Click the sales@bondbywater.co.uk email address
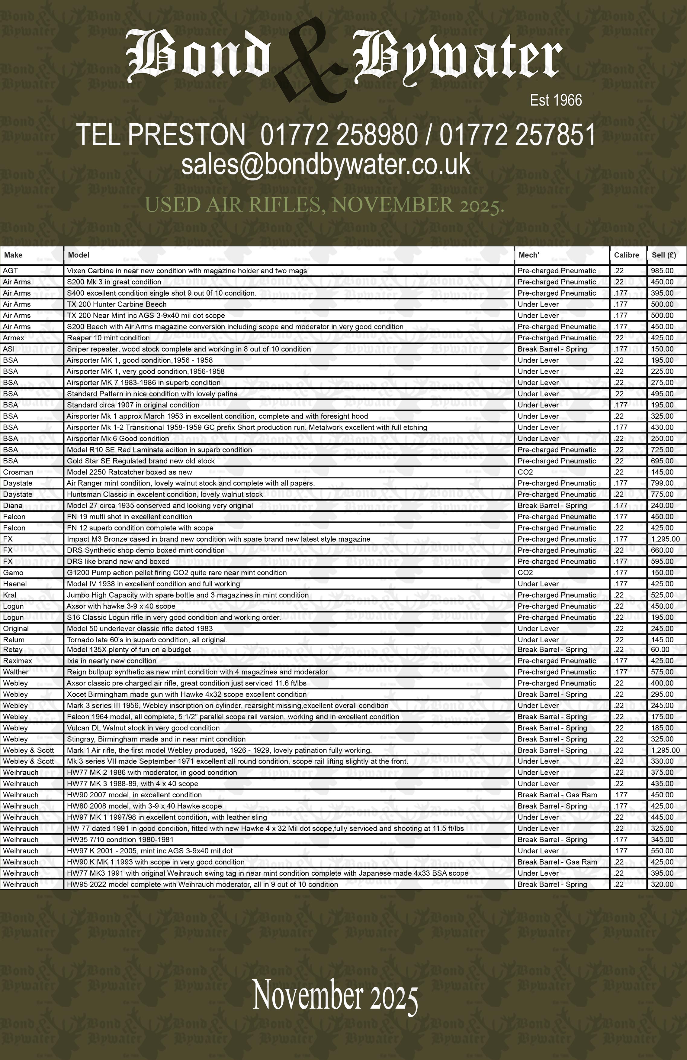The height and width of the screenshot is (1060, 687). click(x=326, y=164)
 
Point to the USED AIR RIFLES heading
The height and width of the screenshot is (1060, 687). click(x=325, y=205)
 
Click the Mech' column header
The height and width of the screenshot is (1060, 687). click(x=528, y=255)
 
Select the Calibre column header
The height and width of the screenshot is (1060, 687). click(x=627, y=255)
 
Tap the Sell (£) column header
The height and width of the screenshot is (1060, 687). click(x=664, y=255)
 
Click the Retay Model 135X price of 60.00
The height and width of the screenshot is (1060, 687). click(x=660, y=649)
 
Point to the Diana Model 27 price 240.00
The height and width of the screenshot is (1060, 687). click(x=662, y=505)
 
